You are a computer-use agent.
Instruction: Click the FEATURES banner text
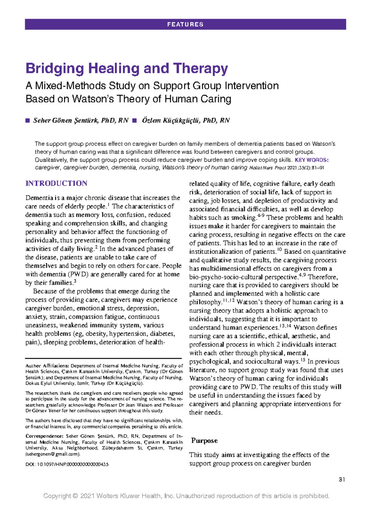click(x=185, y=24)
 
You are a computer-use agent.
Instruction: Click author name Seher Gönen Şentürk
click(x=81, y=121)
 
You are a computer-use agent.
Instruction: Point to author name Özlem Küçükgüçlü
click(x=186, y=121)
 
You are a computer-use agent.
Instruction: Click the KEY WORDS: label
click(x=312, y=160)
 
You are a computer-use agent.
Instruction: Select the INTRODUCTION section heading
click(x=56, y=183)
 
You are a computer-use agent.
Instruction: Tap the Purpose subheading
click(x=204, y=441)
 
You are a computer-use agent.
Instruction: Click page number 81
click(x=342, y=480)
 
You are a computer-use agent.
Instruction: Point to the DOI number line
click(x=67, y=464)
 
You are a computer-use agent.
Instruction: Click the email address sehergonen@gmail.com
click(x=53, y=454)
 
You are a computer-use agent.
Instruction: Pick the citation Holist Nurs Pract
click(x=268, y=168)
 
